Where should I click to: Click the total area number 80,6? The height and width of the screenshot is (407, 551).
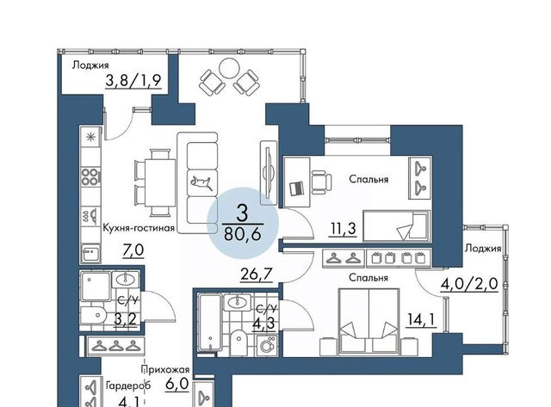[x=243, y=234]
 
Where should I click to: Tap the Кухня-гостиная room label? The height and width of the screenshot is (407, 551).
[x=139, y=228]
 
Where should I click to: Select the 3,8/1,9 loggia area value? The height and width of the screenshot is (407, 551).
[x=133, y=81]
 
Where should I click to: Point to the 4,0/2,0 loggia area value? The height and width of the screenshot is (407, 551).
[x=469, y=284]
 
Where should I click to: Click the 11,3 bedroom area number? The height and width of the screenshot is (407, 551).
[x=343, y=229]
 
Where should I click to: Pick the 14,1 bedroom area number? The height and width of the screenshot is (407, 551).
[x=421, y=320]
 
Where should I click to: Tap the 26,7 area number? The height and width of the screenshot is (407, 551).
[x=257, y=274]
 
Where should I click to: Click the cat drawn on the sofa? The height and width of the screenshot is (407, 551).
[x=201, y=182]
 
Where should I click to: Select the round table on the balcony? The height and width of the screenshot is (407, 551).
[x=229, y=68]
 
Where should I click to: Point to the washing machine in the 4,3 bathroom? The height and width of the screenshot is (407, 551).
[x=267, y=346]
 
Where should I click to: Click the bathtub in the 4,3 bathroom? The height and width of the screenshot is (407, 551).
[x=210, y=323]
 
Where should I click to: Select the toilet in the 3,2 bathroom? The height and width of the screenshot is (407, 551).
[x=93, y=315]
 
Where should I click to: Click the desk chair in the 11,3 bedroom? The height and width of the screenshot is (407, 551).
[x=321, y=182]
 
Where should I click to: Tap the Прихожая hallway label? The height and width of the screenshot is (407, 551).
[x=165, y=369]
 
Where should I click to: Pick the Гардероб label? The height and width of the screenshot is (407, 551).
[x=128, y=385]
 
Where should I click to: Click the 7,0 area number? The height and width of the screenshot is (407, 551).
[x=133, y=250]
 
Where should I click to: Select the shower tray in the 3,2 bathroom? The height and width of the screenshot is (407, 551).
[x=96, y=287]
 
